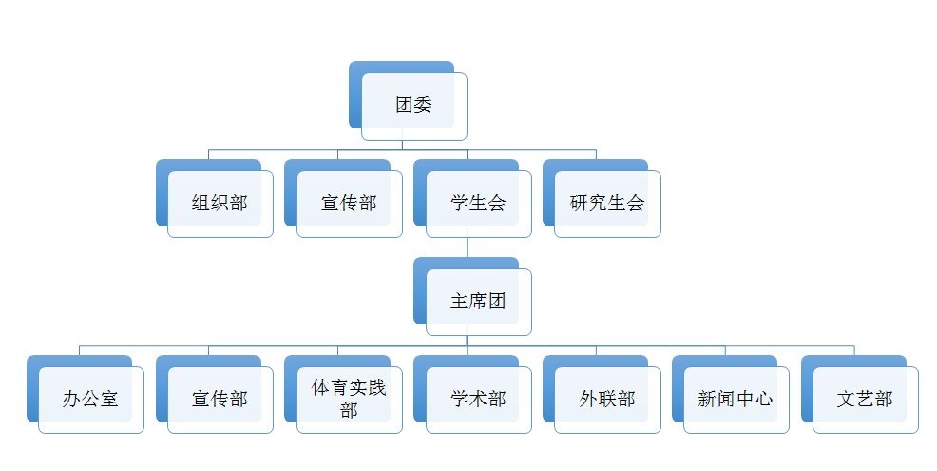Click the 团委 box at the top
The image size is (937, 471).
click(413, 105)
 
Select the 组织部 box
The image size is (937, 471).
click(220, 203)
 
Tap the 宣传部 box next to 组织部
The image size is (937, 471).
click(349, 203)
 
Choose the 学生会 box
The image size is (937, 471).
click(478, 203)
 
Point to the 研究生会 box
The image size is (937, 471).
click(607, 203)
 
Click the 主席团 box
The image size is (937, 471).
click(478, 301)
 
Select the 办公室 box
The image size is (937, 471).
click(90, 399)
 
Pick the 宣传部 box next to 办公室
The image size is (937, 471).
click(220, 399)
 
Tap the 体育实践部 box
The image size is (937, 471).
click(349, 399)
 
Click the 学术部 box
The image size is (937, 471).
click(478, 399)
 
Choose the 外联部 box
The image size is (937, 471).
click(607, 399)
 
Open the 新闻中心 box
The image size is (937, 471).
click(736, 399)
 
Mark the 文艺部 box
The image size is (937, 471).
click(865, 399)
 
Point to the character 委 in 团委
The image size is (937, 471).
click(423, 105)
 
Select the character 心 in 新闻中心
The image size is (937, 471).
click(763, 399)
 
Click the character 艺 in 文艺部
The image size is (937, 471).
click(865, 399)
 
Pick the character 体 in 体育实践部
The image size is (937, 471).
click(321, 388)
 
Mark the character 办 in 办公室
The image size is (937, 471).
click(71, 399)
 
